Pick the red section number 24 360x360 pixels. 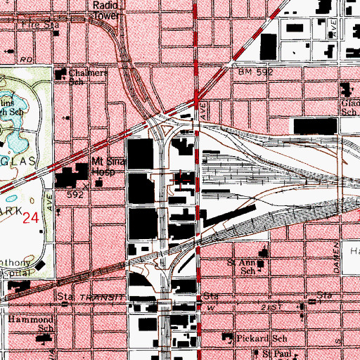pos(30,218)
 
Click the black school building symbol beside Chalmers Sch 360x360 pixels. pos(77,74)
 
